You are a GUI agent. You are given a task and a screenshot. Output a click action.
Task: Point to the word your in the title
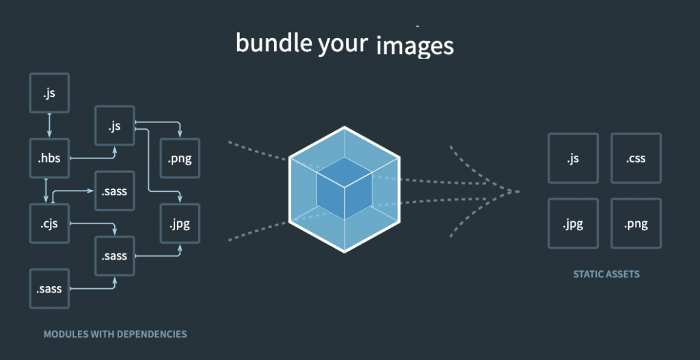tap(344, 44)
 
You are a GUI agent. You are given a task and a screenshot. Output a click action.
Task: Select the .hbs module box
tap(49, 158)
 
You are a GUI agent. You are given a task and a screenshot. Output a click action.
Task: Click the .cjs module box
tap(49, 223)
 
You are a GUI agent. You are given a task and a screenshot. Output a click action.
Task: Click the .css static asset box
tap(636, 158)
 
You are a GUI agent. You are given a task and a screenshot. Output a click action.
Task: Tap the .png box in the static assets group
tap(636, 223)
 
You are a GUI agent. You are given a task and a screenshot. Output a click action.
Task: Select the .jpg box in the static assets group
tap(573, 223)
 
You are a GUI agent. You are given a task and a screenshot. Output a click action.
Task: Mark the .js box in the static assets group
tap(573, 158)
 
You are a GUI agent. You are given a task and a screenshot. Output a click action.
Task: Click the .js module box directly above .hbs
tap(49, 93)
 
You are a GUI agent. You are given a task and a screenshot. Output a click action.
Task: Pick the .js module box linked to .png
tap(114, 126)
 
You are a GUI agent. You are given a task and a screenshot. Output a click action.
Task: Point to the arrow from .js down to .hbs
tap(49, 125)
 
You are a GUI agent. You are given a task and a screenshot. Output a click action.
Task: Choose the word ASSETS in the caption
tap(622, 275)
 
